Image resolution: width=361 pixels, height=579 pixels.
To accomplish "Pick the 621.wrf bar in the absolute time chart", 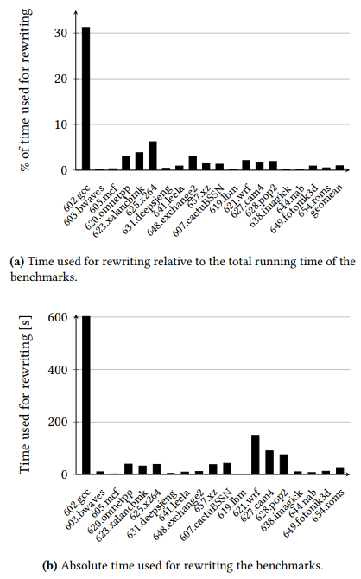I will (x=255, y=455).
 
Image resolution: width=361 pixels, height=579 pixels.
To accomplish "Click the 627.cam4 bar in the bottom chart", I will (x=269, y=462).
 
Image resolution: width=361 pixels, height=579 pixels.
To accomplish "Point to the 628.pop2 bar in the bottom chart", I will (x=283, y=464).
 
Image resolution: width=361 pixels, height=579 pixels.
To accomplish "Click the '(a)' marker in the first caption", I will (x=17, y=262).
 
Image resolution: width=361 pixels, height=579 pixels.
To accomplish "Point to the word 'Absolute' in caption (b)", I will (x=55, y=566).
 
